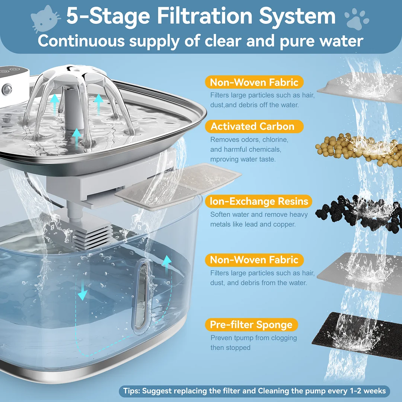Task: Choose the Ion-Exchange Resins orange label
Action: pos(259,201)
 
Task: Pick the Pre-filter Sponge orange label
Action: pos(251,325)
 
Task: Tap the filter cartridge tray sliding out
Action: pos(179,186)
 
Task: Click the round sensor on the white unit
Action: pos(7,89)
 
